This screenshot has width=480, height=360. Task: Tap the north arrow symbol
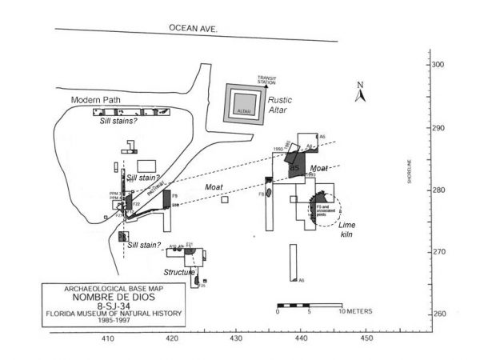(x=361, y=95)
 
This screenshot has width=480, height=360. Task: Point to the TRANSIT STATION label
(x=266, y=78)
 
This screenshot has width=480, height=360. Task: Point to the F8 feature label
(x=261, y=194)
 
